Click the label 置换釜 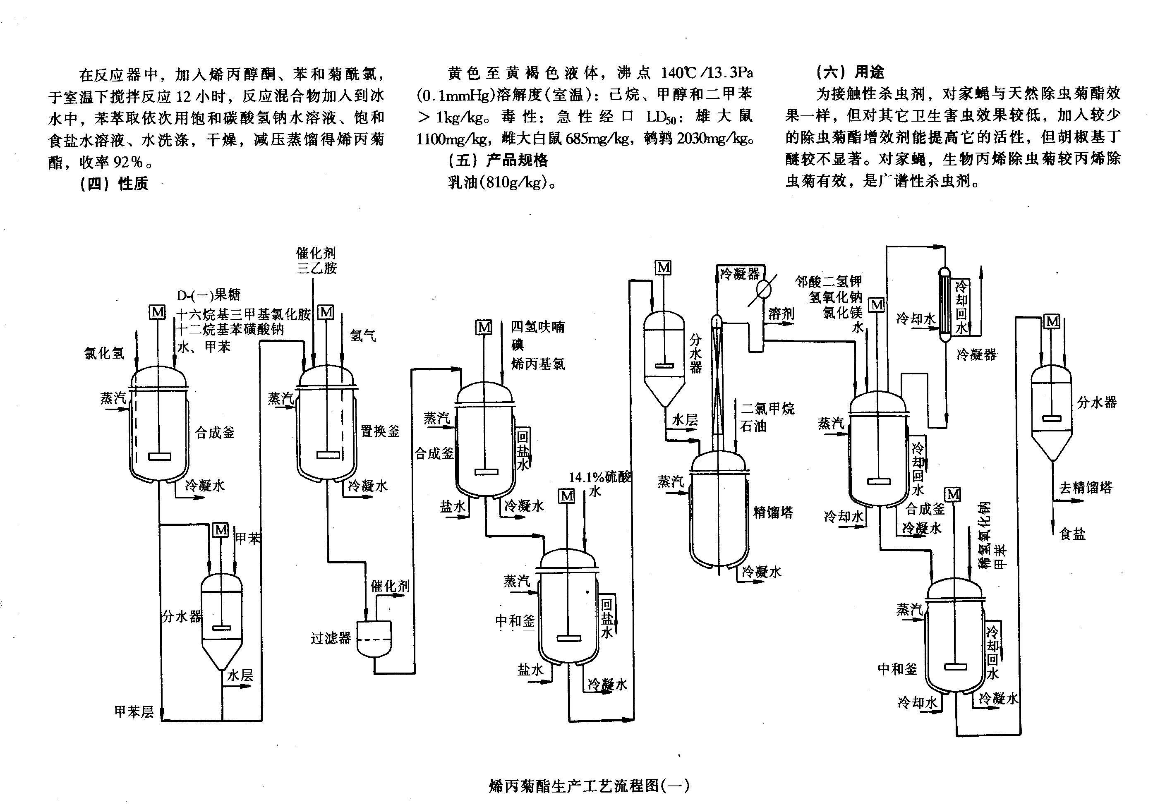pos(380,431)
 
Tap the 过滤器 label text pos(331,638)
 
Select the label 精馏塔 pos(773,512)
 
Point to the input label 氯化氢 pos(104,353)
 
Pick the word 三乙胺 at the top pos(316,268)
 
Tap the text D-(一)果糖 pos(209,295)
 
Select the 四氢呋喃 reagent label pos(537,327)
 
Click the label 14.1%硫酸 pos(600,477)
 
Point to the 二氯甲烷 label pos(767,408)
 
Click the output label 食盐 pos(1072,534)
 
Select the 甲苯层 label pos(134,712)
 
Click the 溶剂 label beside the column pos(781,314)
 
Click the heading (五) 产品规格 pos(498,160)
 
